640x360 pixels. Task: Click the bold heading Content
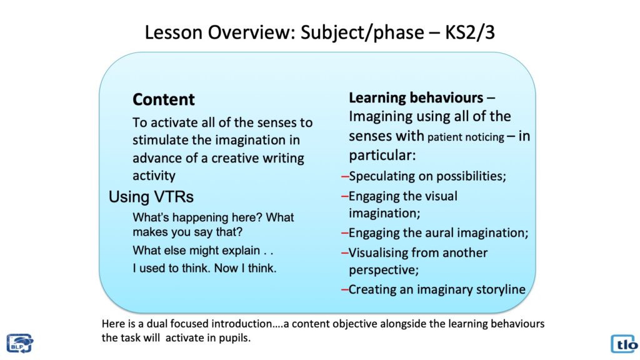pyautogui.click(x=164, y=99)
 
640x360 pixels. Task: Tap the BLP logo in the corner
pyautogui.click(x=19, y=343)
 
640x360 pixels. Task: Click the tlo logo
pyautogui.click(x=624, y=344)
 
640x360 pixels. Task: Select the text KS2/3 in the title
pyautogui.click(x=470, y=32)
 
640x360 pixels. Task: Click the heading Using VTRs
pyautogui.click(x=151, y=197)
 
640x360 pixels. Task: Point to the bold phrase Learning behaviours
pyautogui.click(x=416, y=97)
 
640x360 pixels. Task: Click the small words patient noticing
pyautogui.click(x=466, y=137)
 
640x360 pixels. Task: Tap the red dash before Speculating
pyautogui.click(x=345, y=176)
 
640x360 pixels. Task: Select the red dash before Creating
pyautogui.click(x=345, y=290)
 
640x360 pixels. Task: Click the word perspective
pyautogui.click(x=384, y=270)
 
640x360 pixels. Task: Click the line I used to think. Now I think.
pyautogui.click(x=204, y=268)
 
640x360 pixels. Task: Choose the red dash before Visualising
pyautogui.click(x=345, y=253)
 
